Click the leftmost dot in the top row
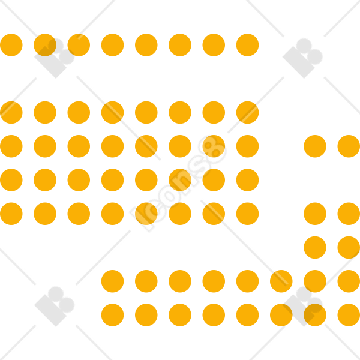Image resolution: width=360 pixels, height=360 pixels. tap(11, 45)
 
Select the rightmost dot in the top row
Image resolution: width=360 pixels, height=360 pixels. tap(247, 45)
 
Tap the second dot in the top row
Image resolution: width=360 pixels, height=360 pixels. tap(45, 45)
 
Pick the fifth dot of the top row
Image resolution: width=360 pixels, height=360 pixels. tap(146, 45)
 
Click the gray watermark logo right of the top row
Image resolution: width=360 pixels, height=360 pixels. tap(302, 58)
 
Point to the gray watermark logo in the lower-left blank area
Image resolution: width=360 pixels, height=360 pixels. tap(55, 306)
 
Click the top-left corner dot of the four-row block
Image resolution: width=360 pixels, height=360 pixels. tap(11, 113)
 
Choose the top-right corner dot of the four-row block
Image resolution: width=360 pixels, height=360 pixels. tap(247, 113)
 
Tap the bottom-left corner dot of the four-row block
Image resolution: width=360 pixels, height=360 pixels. tap(11, 214)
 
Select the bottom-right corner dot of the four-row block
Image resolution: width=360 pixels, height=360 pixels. tap(247, 214)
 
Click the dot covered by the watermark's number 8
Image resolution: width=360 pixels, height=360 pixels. tap(214, 146)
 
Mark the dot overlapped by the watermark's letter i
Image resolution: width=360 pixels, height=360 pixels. tap(146, 214)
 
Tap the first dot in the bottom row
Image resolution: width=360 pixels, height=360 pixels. tap(113, 315)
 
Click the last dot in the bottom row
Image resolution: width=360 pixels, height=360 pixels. tap(349, 315)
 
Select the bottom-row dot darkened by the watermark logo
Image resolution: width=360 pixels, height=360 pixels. tap(315, 315)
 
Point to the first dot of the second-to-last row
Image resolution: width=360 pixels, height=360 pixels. tap(113, 281)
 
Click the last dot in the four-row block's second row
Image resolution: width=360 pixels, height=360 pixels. tap(247, 146)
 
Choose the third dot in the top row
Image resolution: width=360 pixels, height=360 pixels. tap(79, 45)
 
